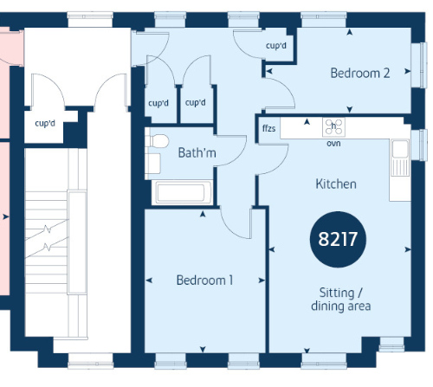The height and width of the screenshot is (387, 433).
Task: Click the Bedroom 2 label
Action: [x=360, y=73]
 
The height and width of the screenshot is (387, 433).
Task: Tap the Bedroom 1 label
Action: [x=204, y=281]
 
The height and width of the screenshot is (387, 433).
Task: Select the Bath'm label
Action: [x=197, y=152]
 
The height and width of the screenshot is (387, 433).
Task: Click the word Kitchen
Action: [x=336, y=184]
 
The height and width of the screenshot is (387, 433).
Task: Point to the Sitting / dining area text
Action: [x=341, y=300]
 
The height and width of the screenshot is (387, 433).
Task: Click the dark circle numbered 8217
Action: [x=338, y=239]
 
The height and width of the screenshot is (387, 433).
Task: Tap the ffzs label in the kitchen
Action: [x=268, y=128]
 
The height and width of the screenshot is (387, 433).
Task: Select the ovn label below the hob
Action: [x=333, y=144]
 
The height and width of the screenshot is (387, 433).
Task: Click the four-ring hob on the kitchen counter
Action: [x=333, y=127]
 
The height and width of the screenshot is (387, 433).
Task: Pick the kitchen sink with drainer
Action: [x=400, y=158]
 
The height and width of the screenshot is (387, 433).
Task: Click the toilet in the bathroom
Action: [x=158, y=141]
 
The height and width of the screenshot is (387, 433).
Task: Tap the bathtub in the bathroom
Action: [x=182, y=192]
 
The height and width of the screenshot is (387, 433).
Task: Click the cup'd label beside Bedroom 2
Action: [x=276, y=46]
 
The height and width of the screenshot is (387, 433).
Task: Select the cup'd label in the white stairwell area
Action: [x=45, y=124]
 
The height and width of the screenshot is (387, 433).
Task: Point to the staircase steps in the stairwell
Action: [x=47, y=242]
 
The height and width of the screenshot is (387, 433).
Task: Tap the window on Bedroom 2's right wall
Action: [x=419, y=65]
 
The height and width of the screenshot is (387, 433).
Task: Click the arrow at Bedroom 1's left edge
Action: [x=149, y=281]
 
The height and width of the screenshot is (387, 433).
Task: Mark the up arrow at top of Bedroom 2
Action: [x=350, y=32]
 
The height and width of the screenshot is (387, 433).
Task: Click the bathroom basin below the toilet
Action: [x=153, y=164]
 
